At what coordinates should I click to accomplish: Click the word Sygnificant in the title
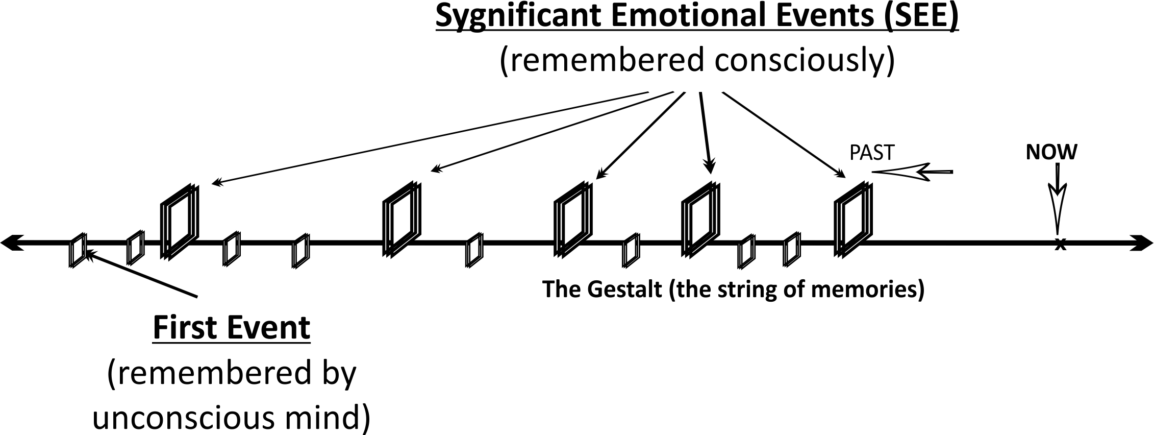point(518,16)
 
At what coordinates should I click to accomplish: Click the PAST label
point(871,153)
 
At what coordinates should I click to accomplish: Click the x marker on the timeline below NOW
point(1060,245)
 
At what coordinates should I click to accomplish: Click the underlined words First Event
point(231,328)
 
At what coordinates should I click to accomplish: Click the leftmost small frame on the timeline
point(78,250)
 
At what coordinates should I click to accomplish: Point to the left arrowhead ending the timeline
point(11,244)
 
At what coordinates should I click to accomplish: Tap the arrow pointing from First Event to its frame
point(140,274)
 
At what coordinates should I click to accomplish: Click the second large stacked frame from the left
point(402,219)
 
